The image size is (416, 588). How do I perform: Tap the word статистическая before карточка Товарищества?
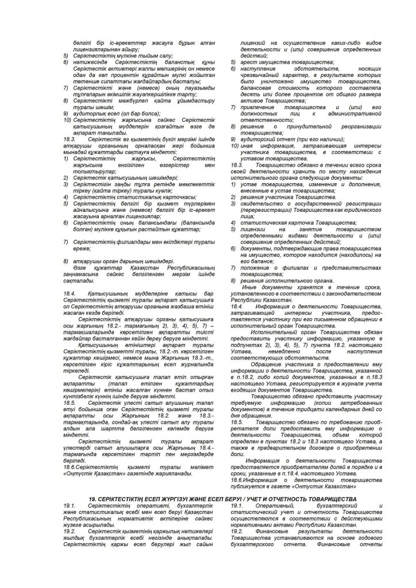tap(264, 220)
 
